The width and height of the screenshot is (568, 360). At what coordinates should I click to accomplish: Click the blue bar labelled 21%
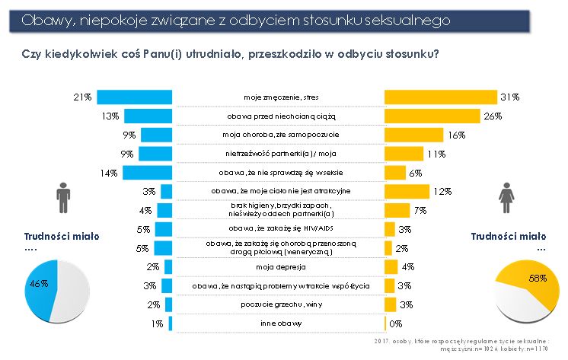[135, 97]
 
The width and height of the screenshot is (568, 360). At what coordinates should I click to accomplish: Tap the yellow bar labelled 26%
[432, 116]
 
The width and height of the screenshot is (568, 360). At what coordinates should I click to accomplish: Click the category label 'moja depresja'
[279, 266]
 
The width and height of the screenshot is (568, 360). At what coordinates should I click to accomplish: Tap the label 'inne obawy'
[279, 323]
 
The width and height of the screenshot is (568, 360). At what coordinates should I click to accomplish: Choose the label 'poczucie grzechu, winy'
[279, 304]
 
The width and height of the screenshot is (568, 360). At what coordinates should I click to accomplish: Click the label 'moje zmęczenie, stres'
[279, 97]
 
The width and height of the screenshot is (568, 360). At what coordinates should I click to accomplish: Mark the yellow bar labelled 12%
[407, 191]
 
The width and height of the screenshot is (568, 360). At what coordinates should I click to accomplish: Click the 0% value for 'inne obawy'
[396, 323]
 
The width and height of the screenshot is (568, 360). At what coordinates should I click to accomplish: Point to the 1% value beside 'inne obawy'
[157, 323]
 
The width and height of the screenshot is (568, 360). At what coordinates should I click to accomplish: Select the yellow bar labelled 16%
[413, 135]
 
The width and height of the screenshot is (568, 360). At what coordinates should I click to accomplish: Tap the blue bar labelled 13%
[148, 116]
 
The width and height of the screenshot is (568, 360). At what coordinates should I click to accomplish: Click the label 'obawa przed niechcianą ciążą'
[279, 116]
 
